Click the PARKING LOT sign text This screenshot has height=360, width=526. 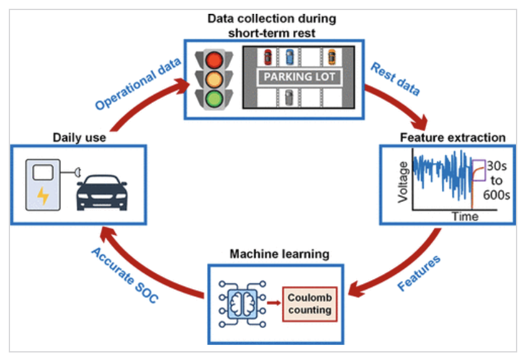click(299, 78)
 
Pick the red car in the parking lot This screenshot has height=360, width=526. click(268, 57)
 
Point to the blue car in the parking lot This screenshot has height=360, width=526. click(289, 57)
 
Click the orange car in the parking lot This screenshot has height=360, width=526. click(332, 56)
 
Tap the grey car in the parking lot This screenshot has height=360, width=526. click(289, 98)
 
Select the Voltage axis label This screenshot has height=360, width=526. click(402, 183)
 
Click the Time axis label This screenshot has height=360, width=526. click(465, 216)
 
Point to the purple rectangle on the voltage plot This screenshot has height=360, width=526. click(478, 170)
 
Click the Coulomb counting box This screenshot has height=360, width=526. click(309, 304)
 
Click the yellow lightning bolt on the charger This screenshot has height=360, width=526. click(43, 197)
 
